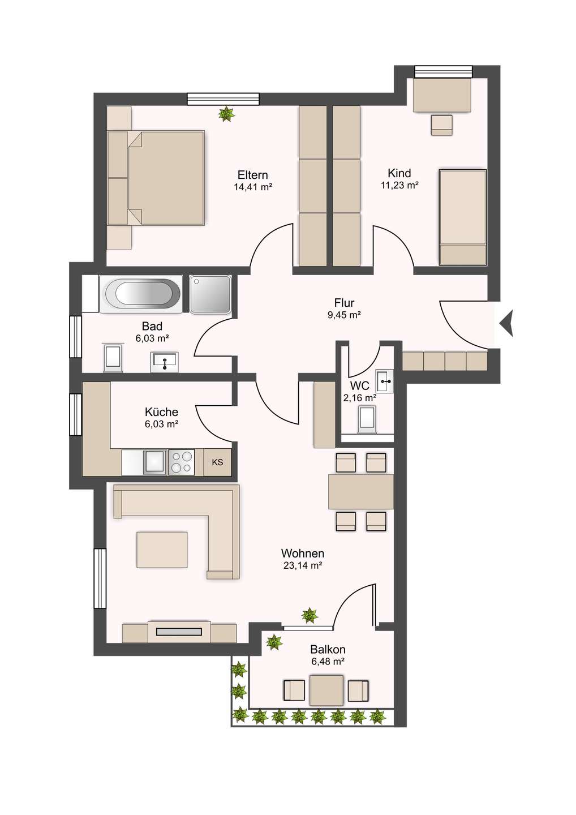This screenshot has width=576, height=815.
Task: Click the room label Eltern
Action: [253, 175]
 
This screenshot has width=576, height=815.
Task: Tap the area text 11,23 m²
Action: [399, 185]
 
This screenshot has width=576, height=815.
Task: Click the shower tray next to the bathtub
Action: [210, 294]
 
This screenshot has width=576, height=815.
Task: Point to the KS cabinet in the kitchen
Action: [217, 462]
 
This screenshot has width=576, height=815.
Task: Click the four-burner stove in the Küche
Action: [181, 462]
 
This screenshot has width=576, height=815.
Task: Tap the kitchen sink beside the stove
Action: [155, 462]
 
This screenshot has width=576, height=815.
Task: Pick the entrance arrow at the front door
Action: [506, 323]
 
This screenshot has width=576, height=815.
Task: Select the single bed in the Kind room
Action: [462, 217]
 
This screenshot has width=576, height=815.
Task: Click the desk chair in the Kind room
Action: [442, 125]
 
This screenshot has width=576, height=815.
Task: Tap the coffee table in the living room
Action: [162, 550]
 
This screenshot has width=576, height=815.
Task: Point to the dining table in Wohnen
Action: [361, 491]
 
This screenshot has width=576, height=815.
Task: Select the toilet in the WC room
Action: [367, 419]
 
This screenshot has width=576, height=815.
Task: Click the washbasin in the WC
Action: [384, 381]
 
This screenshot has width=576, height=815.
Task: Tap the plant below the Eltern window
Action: [226, 114]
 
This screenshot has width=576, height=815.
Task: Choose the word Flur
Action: [344, 303]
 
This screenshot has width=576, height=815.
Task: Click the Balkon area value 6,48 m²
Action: [328, 662]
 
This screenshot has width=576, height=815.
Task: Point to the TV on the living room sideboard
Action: [179, 632]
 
